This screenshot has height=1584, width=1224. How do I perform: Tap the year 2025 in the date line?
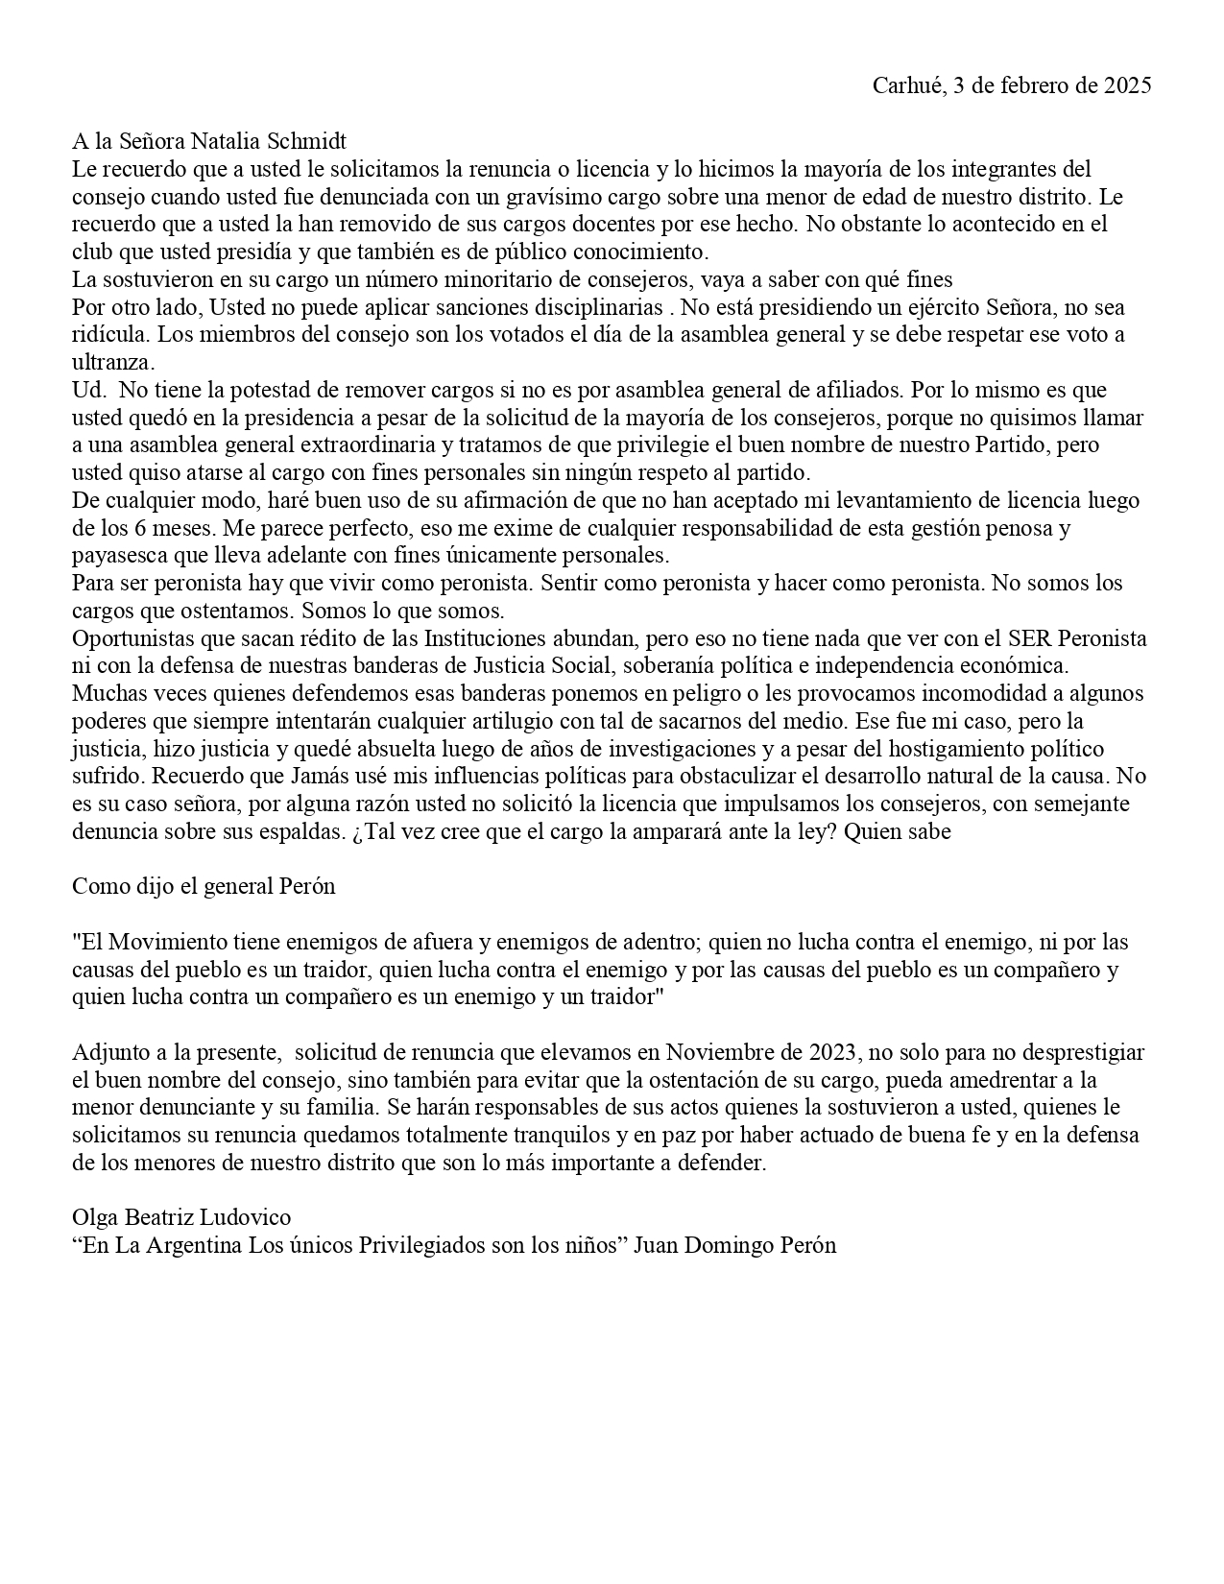[1127, 85]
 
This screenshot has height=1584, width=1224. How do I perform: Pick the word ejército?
[931, 308]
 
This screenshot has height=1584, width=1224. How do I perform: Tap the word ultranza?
[113, 363]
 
